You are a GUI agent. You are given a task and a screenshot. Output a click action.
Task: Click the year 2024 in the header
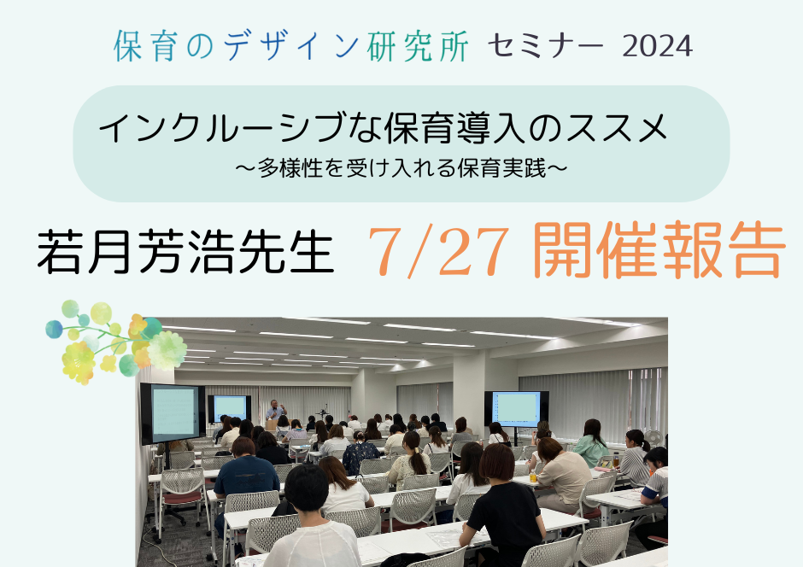pos(658,46)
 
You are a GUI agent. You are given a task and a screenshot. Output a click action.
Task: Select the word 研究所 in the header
pos(418,46)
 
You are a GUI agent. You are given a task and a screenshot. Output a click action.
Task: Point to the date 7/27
pos(438,252)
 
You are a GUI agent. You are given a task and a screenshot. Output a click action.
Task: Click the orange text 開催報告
pos(659,251)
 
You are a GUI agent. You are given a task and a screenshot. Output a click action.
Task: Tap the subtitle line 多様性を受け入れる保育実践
pos(402,168)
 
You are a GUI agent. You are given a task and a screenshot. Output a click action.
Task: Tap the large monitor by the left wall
pos(173,413)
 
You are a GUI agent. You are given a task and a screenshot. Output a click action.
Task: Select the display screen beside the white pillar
pos(516,409)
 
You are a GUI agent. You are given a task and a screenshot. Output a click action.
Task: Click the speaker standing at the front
pos(276,412)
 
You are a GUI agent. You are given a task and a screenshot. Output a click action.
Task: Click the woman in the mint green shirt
pos(591,444)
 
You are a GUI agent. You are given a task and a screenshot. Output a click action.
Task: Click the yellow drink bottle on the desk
pos(534,477)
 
